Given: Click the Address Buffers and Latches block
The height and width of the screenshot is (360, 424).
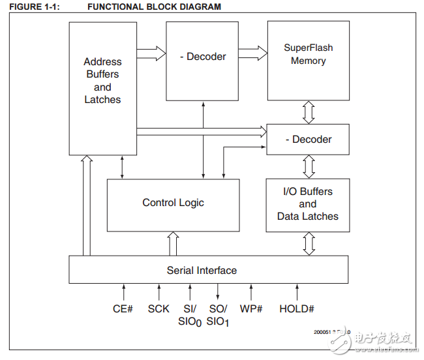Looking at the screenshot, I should click(x=102, y=80).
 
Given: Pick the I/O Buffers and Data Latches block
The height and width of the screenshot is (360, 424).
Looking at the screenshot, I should click(x=307, y=205).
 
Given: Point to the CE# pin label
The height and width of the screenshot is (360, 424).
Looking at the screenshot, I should click(x=123, y=308).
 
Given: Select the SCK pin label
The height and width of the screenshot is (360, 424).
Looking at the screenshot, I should click(x=159, y=308).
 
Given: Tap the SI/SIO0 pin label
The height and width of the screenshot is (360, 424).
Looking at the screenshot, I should click(x=190, y=314).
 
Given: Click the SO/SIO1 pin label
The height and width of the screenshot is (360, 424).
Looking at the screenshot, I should click(x=218, y=314).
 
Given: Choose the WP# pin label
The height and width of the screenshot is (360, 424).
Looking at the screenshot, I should click(x=251, y=308).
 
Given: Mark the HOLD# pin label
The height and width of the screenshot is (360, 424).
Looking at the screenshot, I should click(x=297, y=308).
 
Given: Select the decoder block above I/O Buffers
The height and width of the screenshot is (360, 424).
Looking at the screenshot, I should click(x=308, y=140).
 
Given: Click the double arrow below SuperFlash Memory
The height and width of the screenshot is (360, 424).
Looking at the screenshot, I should click(x=309, y=112).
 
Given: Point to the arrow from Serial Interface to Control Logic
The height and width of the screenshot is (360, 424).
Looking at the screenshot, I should click(x=173, y=243).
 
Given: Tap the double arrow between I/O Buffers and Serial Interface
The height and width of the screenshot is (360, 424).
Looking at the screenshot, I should click(x=309, y=243).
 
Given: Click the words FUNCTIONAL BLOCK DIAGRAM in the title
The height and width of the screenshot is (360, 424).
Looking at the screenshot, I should click(x=154, y=7).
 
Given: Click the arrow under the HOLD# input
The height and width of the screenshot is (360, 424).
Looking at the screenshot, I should click(x=297, y=292).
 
